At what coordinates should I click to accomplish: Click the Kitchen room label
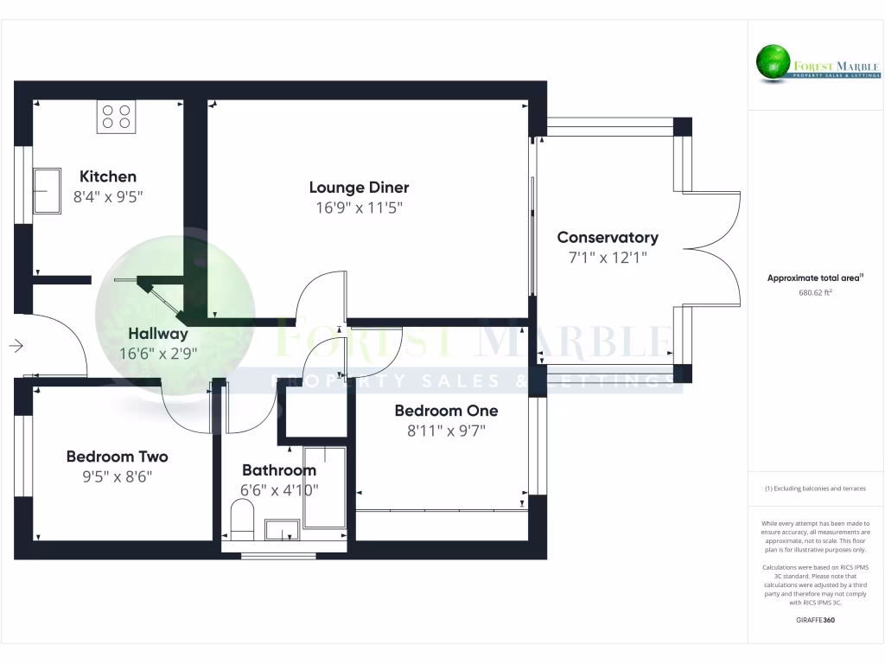(108, 176)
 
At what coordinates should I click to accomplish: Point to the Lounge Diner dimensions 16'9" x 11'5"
(359, 207)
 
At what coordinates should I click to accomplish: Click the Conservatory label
(608, 237)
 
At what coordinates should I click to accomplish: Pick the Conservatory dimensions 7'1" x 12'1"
(608, 257)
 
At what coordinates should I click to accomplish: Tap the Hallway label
(158, 333)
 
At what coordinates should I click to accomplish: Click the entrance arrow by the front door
(16, 346)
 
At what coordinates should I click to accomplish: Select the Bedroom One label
(446, 411)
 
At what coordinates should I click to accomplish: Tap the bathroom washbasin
(282, 529)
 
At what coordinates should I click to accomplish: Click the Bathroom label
(278, 470)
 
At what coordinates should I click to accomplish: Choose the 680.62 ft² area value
(815, 292)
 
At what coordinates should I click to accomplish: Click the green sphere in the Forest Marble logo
(774, 61)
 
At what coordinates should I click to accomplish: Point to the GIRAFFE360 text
(815, 620)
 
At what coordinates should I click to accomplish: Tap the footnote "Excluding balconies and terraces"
(815, 488)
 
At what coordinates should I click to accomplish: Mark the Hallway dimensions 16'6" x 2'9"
(158, 353)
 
